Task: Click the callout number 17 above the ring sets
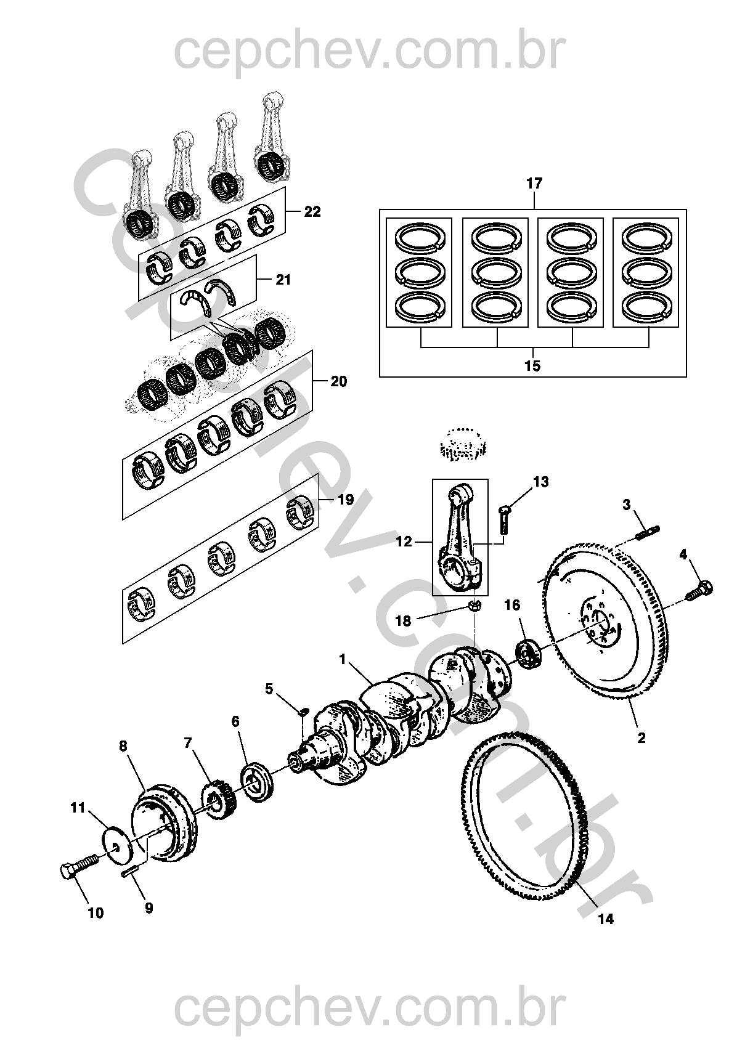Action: (x=534, y=183)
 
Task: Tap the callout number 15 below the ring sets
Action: (x=533, y=366)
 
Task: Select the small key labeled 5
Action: (x=303, y=713)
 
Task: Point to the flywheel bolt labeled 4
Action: (x=700, y=588)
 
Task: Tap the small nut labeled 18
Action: (x=474, y=606)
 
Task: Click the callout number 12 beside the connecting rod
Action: (x=404, y=542)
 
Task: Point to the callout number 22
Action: (x=312, y=212)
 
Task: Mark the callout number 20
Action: (x=338, y=382)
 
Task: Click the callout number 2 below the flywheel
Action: (x=641, y=737)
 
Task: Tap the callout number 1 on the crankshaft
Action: (x=342, y=660)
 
